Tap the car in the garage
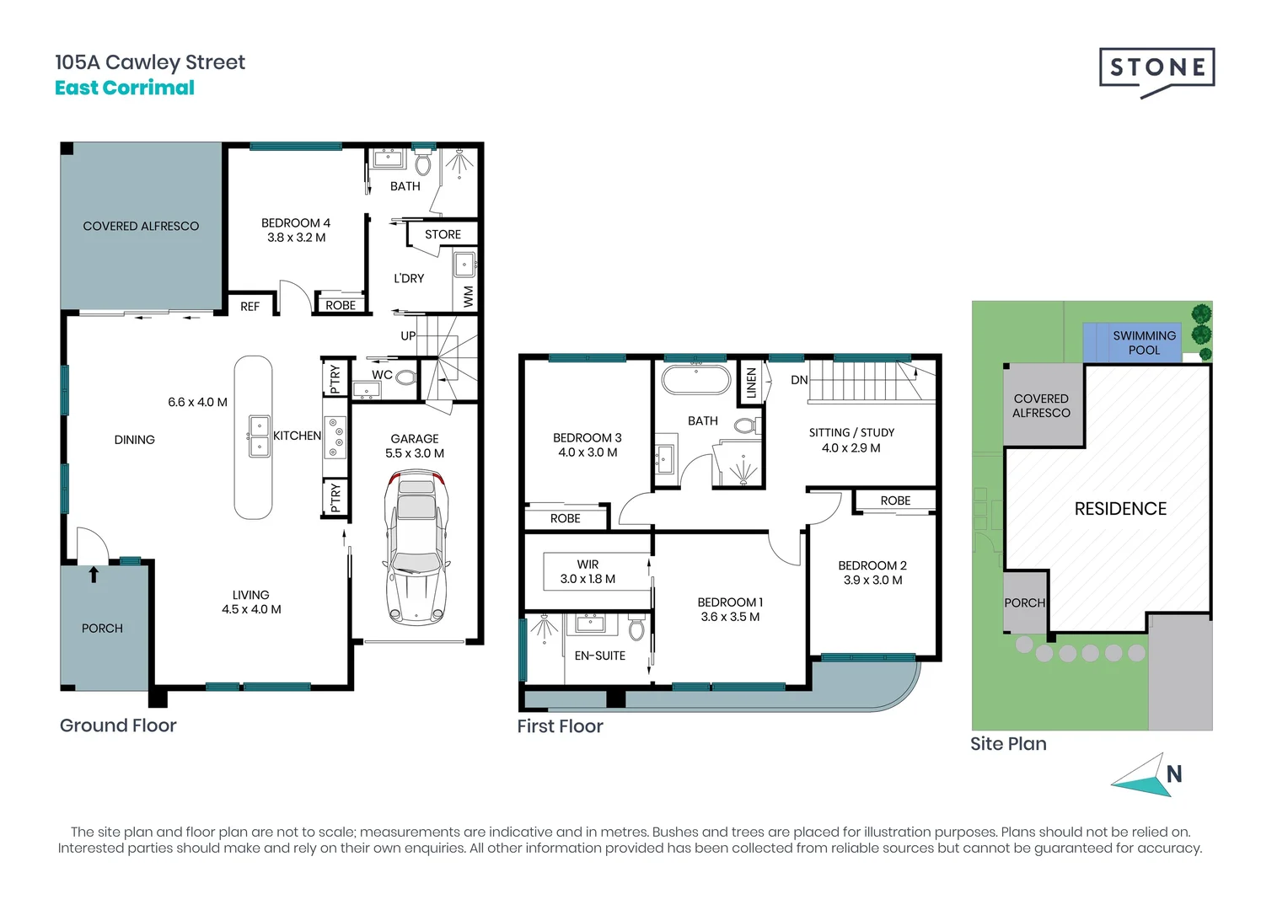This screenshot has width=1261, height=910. coord(416,549)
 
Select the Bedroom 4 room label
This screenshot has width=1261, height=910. coord(296,230)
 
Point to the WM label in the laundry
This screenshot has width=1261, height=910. coord(469,297)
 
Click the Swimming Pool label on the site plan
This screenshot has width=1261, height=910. coord(1145,343)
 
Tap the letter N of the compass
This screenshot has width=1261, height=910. coord(1174,775)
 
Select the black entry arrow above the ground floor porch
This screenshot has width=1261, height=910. coord(94,575)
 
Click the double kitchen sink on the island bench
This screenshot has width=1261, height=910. coord(260,436)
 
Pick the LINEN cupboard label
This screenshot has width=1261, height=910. coord(752,383)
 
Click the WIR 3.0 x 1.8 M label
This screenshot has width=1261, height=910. coord(588,572)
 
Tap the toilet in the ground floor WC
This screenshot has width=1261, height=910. coord(405,377)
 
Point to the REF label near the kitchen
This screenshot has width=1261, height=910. coord(250,307)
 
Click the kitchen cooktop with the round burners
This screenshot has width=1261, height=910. coord(335,437)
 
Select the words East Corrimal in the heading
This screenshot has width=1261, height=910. coord(125,88)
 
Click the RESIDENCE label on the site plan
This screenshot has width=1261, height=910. coord(1120,509)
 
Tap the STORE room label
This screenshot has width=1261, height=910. coord(443,234)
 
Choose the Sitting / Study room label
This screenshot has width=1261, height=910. coord(851,440)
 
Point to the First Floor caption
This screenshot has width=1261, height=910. coord(561,726)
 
